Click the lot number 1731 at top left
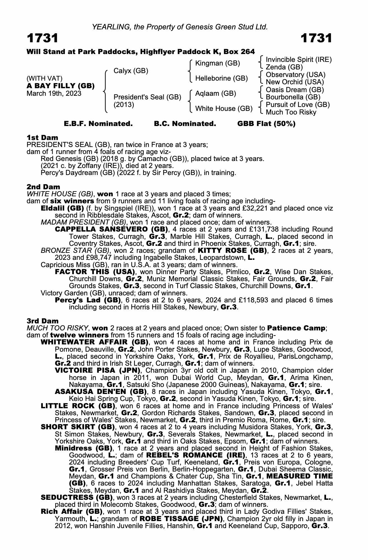(43, 38)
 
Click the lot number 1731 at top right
(317, 38)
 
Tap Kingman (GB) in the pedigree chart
(217, 63)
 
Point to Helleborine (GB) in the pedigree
(221, 78)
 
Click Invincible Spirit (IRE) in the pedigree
(298, 60)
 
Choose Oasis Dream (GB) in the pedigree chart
(295, 90)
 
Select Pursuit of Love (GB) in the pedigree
(297, 105)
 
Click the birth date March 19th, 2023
(54, 94)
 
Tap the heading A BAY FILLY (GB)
(60, 86)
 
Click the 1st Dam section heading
(43, 137)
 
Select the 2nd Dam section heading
(43, 187)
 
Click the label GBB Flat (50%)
(266, 124)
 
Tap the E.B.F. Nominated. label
(98, 124)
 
